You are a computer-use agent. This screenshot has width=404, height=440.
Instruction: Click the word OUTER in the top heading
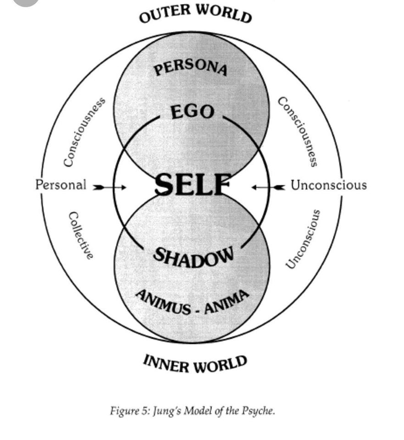(167, 14)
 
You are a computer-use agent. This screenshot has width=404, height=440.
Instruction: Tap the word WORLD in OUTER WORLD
(225, 13)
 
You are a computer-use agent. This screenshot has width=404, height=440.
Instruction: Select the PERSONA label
(191, 68)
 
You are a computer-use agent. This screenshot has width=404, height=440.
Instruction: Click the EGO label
(192, 112)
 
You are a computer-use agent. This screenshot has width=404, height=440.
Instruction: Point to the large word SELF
(192, 185)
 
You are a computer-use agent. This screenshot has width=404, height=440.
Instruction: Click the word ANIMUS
(163, 302)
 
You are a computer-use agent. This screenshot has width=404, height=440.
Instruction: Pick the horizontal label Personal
(61, 185)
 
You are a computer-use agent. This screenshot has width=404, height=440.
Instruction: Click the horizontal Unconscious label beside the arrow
(329, 185)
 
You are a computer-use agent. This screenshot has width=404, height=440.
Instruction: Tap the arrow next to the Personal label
(110, 187)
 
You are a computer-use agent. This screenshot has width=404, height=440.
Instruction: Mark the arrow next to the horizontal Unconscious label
(269, 187)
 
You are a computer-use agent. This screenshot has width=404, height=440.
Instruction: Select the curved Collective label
(81, 235)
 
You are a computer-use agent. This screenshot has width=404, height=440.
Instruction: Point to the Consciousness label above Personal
(84, 132)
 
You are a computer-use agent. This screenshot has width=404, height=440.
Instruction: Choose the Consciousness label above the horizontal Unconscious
(298, 132)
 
